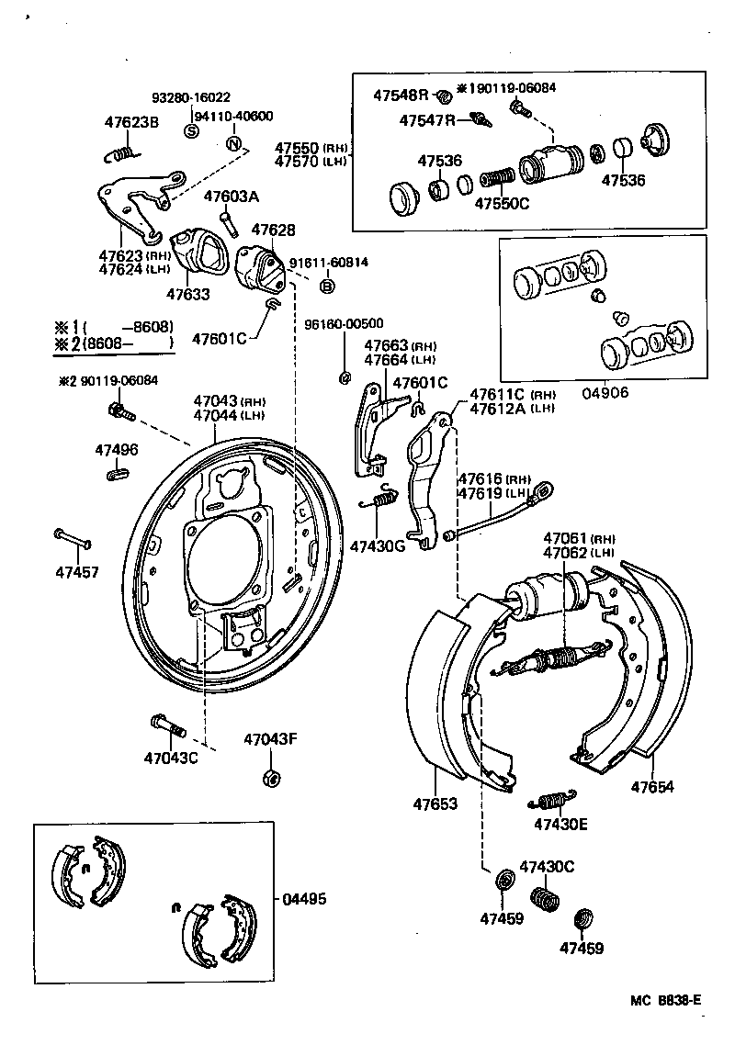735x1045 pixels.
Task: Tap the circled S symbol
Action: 192,130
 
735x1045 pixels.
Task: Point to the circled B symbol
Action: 326,287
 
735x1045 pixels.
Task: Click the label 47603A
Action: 232,196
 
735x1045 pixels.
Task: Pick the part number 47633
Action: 187,294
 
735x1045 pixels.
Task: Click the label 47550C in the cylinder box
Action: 502,203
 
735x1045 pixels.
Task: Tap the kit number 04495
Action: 303,899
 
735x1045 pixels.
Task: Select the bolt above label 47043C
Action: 166,725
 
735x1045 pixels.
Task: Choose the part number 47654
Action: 651,786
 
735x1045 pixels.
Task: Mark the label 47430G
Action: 377,546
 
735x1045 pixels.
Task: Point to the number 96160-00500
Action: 344,323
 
